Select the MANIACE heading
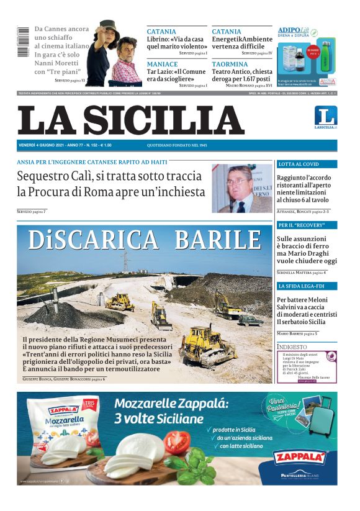tap(162, 64)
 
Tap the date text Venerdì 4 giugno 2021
tap(42, 145)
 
